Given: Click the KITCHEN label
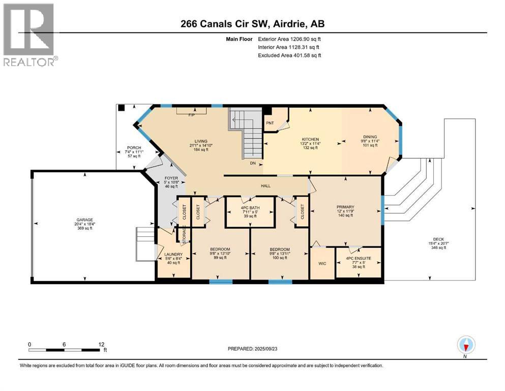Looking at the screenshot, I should point(310,139).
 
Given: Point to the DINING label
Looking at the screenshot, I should point(370,136).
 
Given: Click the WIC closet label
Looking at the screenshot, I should point(322,263).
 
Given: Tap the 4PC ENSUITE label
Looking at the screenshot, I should point(359,258).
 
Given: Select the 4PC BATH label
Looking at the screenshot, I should point(249,208).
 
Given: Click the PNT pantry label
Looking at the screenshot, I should point(270,122).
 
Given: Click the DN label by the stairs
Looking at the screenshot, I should point(252,164).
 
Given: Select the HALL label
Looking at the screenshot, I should point(265,185).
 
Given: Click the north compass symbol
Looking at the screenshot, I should point(466,345).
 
